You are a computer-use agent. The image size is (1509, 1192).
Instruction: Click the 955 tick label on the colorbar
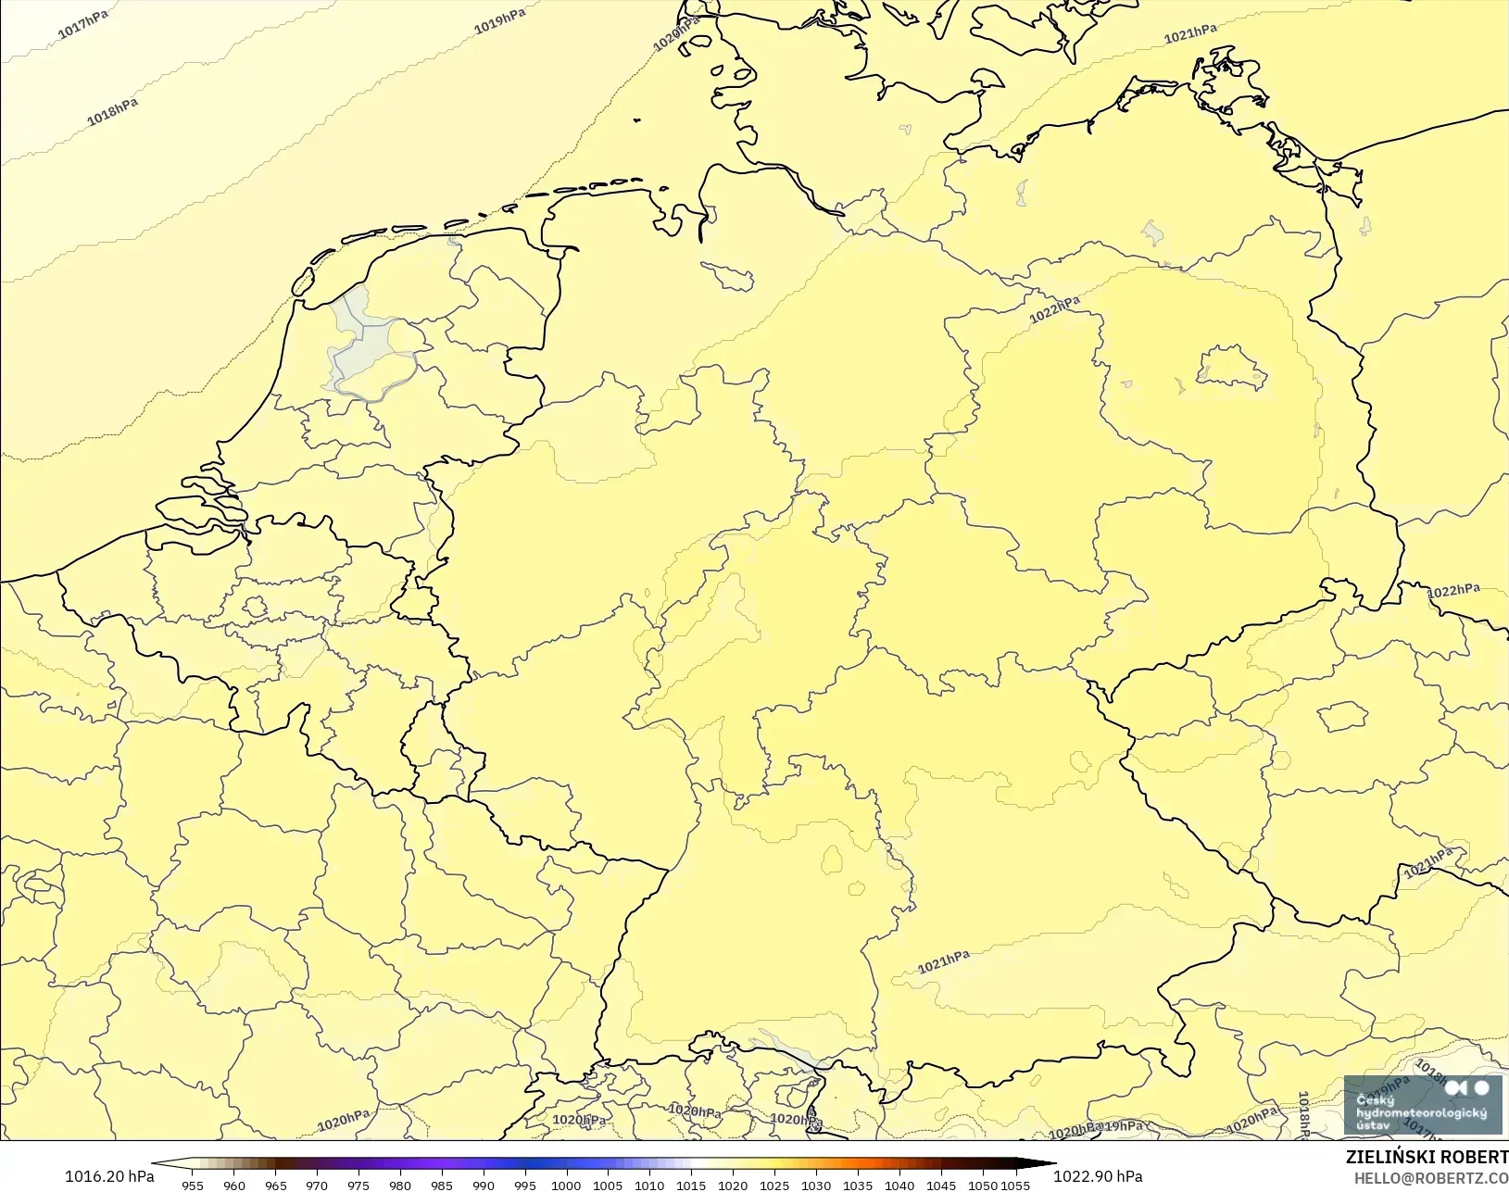(193, 1185)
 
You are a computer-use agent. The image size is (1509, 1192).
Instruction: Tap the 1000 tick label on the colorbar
(566, 1185)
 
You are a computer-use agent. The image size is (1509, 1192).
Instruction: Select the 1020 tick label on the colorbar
(733, 1185)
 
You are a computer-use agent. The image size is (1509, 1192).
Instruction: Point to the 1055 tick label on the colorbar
(1015, 1185)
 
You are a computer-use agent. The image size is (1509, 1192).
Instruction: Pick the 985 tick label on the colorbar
(442, 1185)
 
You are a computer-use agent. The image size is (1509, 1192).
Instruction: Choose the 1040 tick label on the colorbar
(899, 1185)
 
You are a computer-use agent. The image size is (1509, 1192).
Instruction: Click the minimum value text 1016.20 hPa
(109, 1176)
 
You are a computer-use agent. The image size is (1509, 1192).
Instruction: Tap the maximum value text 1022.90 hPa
(1098, 1176)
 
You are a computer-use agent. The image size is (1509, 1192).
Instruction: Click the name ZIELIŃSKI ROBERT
(1427, 1158)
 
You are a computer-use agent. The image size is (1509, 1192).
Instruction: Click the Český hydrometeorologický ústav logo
(1422, 1104)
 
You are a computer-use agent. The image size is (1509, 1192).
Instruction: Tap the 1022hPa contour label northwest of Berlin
(1054, 309)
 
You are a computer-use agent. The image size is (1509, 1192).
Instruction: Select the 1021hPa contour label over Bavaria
(944, 962)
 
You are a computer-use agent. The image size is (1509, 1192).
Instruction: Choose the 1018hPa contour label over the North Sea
(113, 111)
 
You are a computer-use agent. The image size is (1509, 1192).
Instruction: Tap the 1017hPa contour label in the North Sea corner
(83, 24)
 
